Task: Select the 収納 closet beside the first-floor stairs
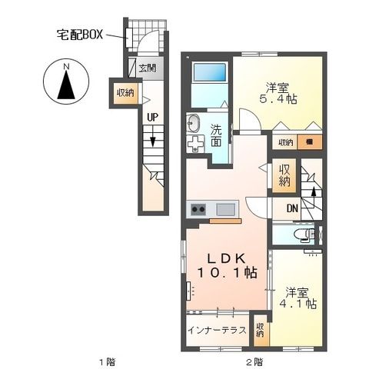pyautogui.click(x=125, y=92)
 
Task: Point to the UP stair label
pyautogui.click(x=153, y=118)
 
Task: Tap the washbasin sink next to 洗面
pyautogui.click(x=193, y=122)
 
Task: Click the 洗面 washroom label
pyautogui.click(x=217, y=135)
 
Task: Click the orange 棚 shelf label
pyautogui.click(x=309, y=141)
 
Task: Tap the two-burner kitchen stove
pyautogui.click(x=198, y=208)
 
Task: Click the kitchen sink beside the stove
pyautogui.click(x=226, y=208)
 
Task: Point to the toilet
pyautogui.click(x=308, y=234)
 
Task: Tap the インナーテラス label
pyautogui.click(x=216, y=331)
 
